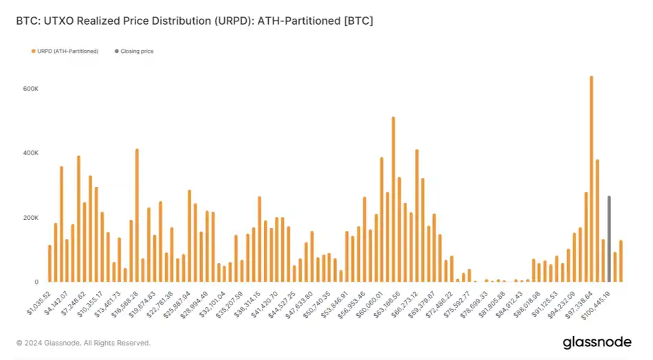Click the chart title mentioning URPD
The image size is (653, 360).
[195, 21]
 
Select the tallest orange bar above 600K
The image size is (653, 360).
[591, 179]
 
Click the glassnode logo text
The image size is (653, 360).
[597, 341]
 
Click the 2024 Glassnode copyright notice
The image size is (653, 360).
[83, 342]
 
